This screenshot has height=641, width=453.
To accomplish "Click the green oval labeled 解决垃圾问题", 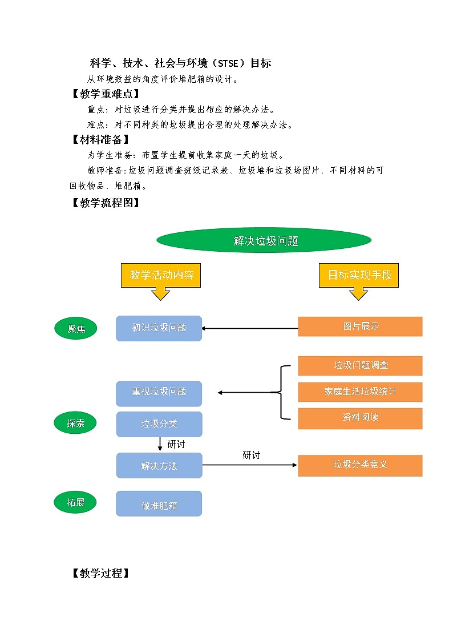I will [x=264, y=241].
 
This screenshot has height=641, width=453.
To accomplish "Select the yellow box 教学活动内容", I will [x=161, y=275].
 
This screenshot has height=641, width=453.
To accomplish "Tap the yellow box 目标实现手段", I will [x=359, y=275].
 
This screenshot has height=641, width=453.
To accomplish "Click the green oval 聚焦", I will [x=75, y=329].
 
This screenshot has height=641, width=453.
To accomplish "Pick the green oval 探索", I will [x=75, y=424].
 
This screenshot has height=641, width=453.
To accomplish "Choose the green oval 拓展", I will [x=75, y=502].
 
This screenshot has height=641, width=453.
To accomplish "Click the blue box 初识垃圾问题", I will [x=159, y=328].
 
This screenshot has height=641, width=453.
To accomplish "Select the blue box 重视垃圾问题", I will [x=159, y=392].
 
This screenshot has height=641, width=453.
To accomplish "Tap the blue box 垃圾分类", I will [x=159, y=424].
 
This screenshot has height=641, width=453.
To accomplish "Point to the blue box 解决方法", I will [x=159, y=466].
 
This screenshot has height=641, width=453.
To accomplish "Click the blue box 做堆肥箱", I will [x=159, y=505].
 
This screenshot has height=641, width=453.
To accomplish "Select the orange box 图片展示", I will [x=360, y=326].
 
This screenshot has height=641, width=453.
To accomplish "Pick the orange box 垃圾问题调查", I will [x=360, y=365].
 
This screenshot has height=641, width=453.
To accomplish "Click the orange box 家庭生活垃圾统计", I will [x=360, y=392].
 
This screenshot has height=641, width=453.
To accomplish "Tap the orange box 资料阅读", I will [x=360, y=418].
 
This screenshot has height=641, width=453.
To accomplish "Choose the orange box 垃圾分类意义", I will [x=360, y=465].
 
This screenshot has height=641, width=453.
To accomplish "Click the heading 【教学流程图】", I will [x=105, y=203].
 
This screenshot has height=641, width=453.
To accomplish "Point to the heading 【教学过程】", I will [x=100, y=574].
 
